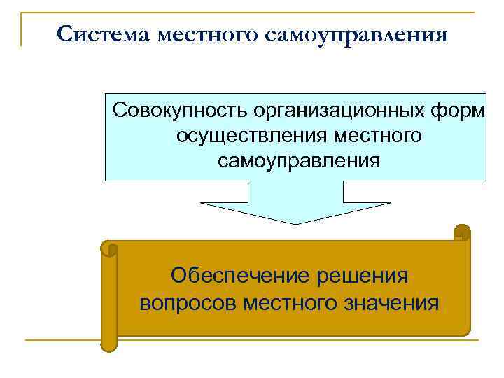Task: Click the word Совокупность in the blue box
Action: pyautogui.click(x=180, y=110)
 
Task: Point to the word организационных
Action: pyautogui.click(x=339, y=110)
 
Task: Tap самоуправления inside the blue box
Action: pyautogui.click(x=299, y=160)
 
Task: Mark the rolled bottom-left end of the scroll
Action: pyautogui.click(x=108, y=344)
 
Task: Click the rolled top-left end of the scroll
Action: pyautogui.click(x=109, y=248)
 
